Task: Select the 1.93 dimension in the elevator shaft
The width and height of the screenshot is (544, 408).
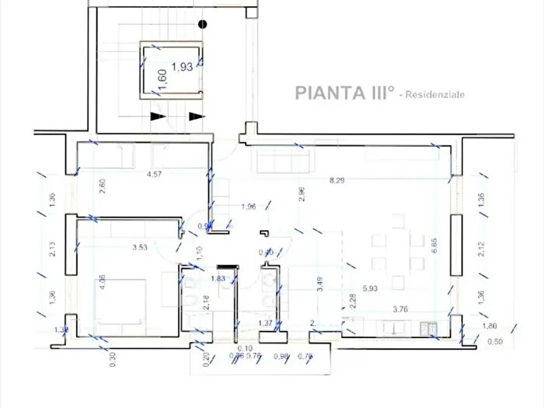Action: (181, 67)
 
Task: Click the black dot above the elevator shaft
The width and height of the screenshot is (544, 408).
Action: (203, 24)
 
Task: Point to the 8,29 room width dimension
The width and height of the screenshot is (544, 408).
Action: (337, 181)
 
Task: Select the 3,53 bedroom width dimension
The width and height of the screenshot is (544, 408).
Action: (140, 248)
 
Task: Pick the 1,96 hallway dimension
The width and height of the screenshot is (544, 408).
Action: (249, 206)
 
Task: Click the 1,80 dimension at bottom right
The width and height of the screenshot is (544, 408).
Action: (489, 326)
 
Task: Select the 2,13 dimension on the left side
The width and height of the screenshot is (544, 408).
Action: (53, 249)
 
